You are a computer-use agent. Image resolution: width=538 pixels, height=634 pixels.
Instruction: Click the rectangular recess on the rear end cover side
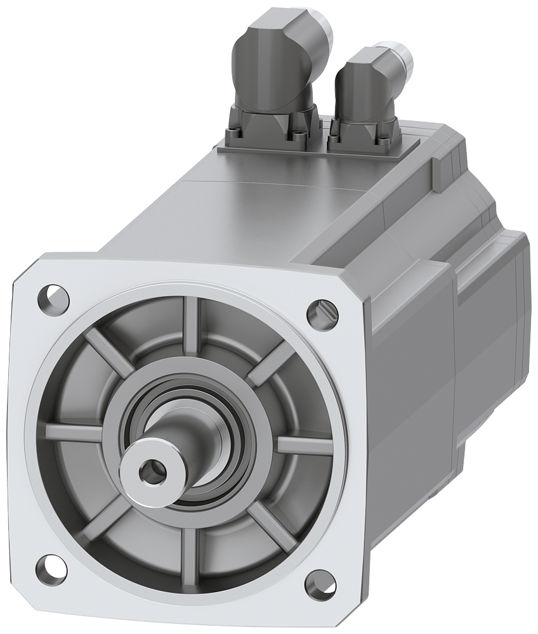[x=489, y=279]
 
